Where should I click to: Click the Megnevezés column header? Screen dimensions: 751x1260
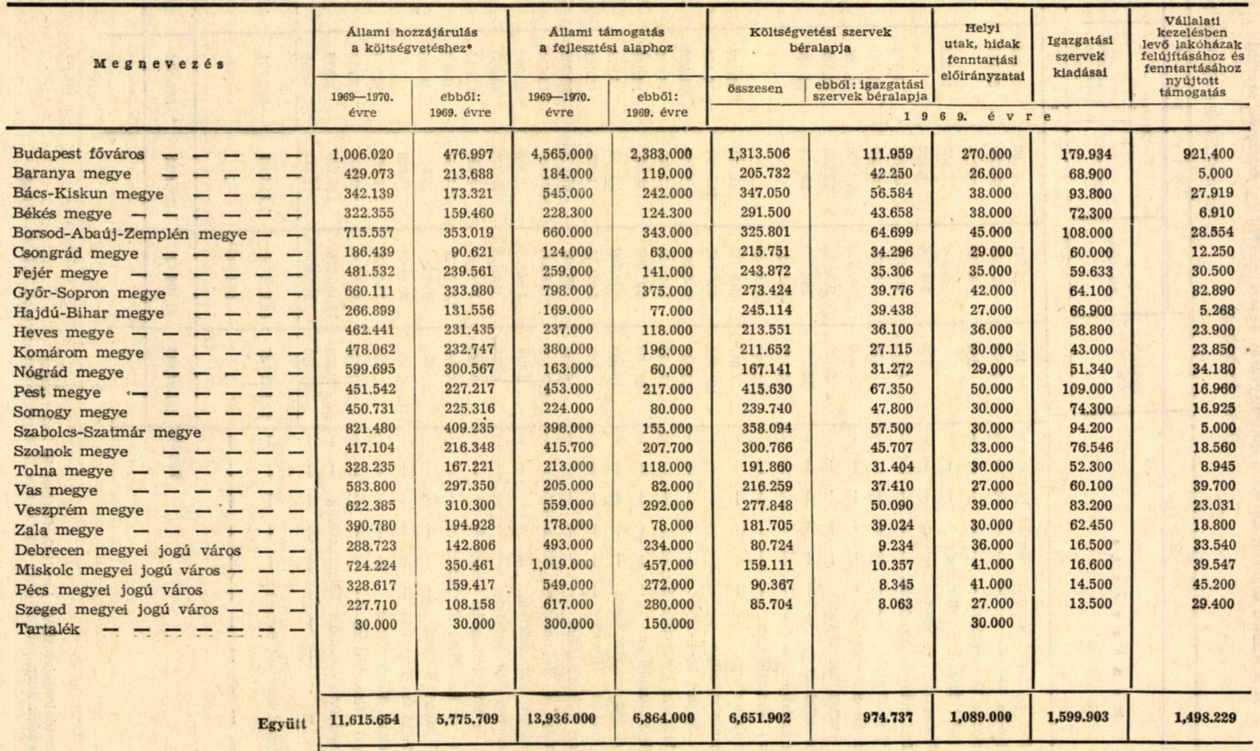click(159, 65)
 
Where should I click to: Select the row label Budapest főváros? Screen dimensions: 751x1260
click(79, 154)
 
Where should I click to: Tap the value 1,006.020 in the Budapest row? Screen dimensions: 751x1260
click(363, 154)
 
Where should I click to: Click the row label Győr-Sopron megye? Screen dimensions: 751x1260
click(90, 293)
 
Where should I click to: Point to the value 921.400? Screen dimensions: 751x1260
click(1209, 153)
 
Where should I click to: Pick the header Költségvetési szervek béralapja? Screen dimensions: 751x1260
click(820, 40)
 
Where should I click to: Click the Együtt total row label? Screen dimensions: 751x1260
click(282, 724)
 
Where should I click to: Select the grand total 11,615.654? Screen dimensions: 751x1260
click(365, 719)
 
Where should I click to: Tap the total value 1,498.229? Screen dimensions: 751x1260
click(1205, 718)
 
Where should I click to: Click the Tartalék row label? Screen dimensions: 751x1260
click(47, 630)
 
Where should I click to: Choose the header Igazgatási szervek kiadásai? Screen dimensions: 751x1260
click(1080, 57)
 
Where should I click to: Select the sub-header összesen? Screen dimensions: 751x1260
click(755, 89)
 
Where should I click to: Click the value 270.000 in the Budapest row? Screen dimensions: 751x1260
click(986, 153)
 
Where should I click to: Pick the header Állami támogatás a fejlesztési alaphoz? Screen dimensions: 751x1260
click(606, 40)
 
